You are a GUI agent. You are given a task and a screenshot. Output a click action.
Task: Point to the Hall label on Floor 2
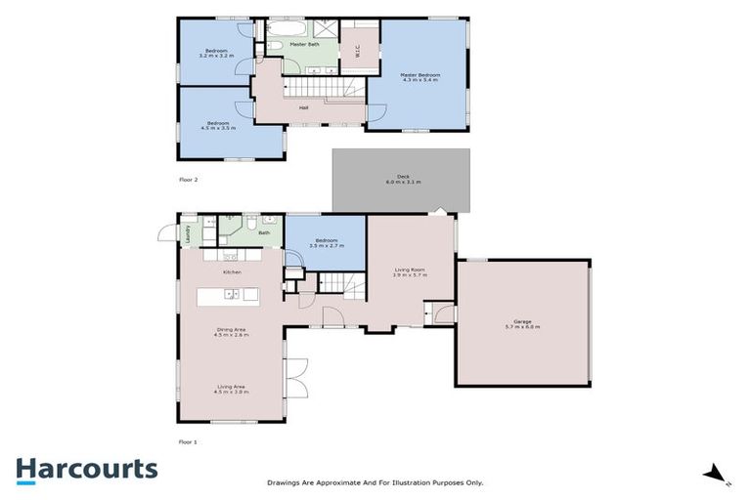pos(304,108)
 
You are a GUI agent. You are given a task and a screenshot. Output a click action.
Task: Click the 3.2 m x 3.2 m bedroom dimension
pos(214,56)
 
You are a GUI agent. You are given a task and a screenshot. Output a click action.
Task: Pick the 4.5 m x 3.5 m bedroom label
pos(217,127)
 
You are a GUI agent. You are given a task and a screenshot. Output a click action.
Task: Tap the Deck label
pos(401,179)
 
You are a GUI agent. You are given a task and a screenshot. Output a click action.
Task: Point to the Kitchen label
pos(232,271)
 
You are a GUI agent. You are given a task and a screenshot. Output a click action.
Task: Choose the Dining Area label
pos(233,331)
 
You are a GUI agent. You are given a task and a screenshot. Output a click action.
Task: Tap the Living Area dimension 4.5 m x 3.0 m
pos(233,392)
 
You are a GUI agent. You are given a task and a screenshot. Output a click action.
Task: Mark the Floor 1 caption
pos(188,442)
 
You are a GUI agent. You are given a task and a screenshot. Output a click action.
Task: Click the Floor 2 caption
pos(188,180)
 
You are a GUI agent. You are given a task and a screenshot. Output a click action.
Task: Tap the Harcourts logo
pos(86,469)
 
